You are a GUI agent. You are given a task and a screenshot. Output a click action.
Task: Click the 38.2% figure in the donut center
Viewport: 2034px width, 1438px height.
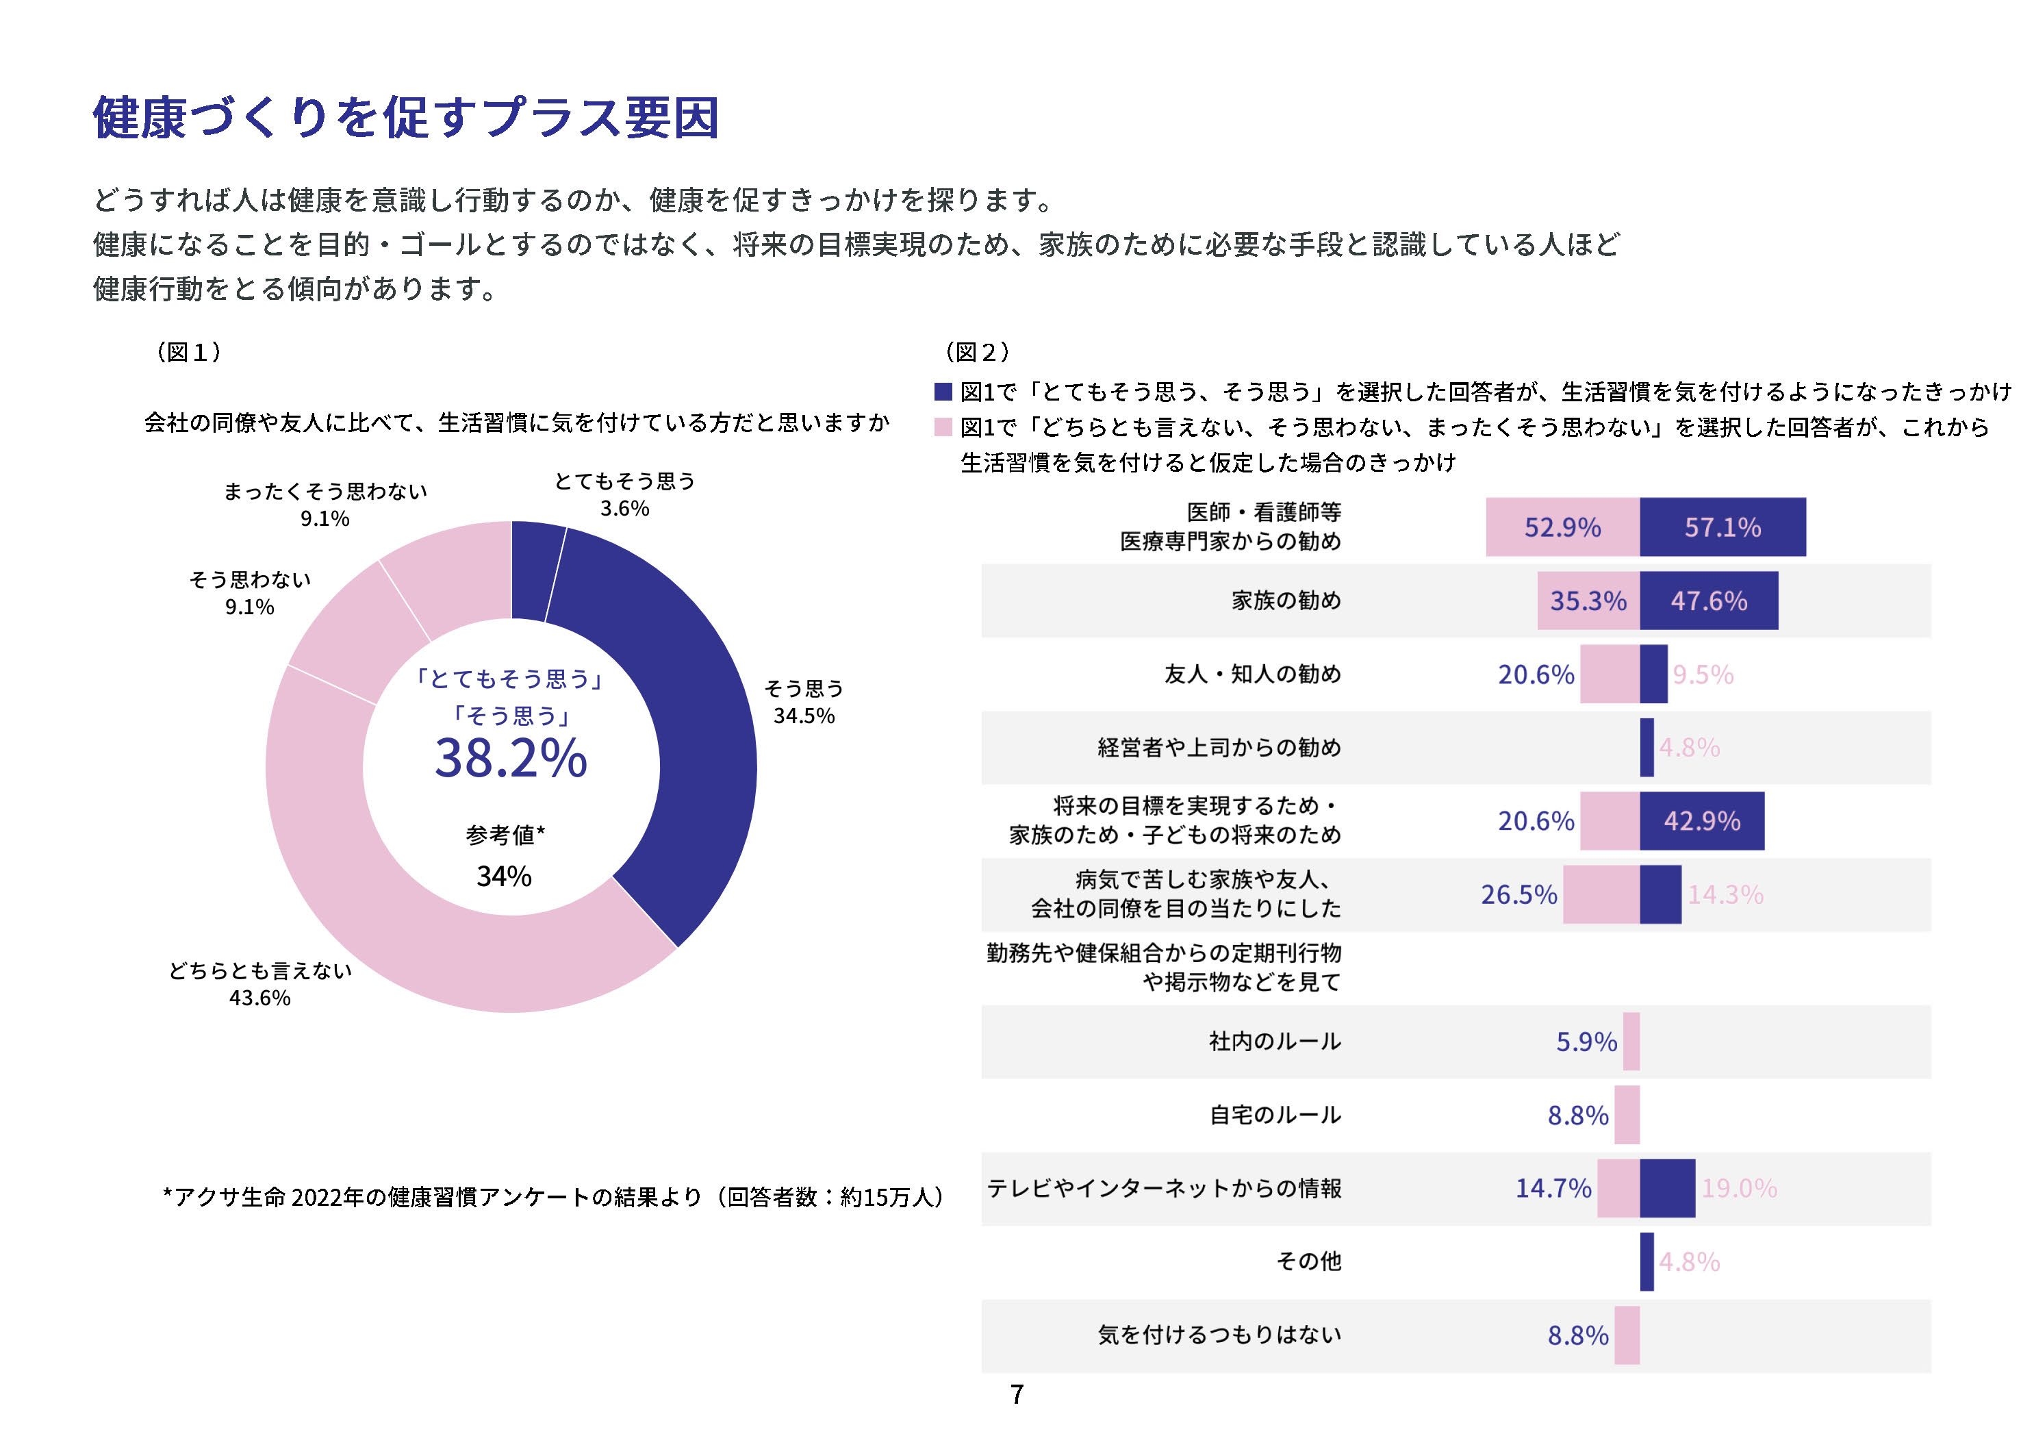(x=510, y=759)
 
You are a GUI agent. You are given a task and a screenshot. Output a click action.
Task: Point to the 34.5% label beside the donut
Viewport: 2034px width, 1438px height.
(x=804, y=716)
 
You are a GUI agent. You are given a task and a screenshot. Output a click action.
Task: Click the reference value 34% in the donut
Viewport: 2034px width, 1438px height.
(x=504, y=876)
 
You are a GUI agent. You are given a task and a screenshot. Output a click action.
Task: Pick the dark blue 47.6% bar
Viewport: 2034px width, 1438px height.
(x=1708, y=601)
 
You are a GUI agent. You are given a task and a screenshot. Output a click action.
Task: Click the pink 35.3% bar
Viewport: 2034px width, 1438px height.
(x=1588, y=601)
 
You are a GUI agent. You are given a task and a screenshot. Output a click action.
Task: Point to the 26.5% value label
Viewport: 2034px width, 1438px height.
(x=1518, y=895)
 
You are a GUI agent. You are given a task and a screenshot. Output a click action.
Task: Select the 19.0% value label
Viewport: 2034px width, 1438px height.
(x=1739, y=1188)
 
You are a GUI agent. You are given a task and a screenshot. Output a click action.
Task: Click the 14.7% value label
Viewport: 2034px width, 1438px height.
(x=1553, y=1188)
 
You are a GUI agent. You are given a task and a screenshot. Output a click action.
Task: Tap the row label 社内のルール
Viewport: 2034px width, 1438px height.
(x=1275, y=1041)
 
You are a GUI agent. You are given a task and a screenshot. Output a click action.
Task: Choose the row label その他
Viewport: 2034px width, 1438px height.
(x=1308, y=1261)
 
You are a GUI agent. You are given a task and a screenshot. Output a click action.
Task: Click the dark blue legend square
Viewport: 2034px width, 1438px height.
(x=943, y=392)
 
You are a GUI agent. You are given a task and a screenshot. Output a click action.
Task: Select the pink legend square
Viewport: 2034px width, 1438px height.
(x=943, y=427)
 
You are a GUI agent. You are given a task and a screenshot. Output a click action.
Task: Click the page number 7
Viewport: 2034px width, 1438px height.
(x=1017, y=1395)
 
